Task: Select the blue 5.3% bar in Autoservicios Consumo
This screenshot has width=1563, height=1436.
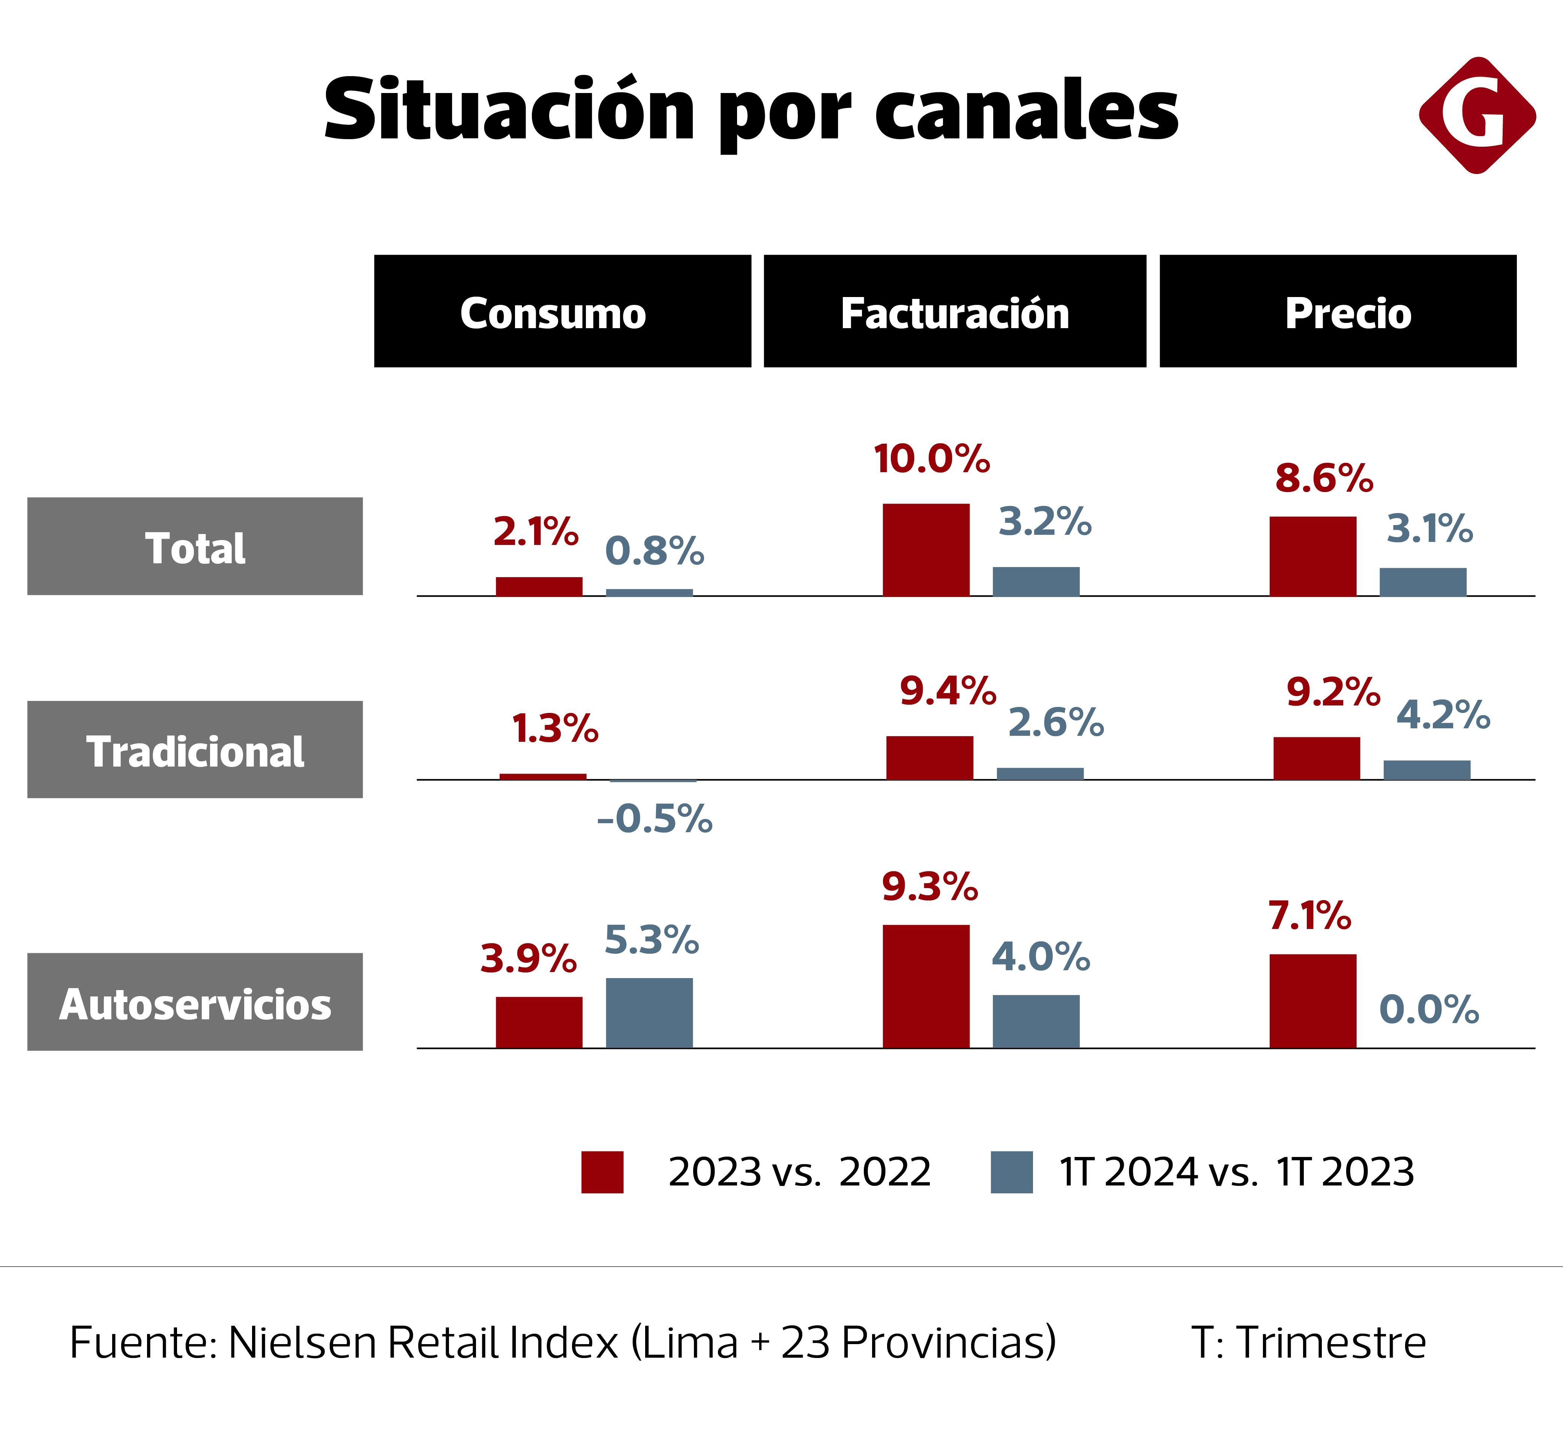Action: coord(649,1013)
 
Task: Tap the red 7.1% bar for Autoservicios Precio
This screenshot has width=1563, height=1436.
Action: coord(1313,1001)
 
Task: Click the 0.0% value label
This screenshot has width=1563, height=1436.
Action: coord(1429,1009)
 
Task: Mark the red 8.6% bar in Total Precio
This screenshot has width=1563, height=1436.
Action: coord(1313,555)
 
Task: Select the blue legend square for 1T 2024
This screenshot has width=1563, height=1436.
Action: coord(1011,1172)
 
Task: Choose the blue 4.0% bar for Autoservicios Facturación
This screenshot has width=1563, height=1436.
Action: coord(1036,1021)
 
